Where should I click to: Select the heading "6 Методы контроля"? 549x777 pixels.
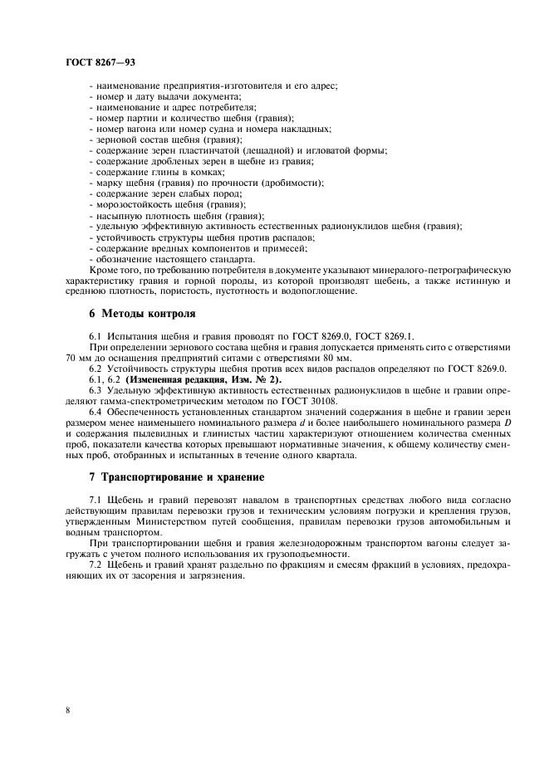[x=143, y=314]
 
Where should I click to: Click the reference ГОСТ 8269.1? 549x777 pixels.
[x=379, y=335]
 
